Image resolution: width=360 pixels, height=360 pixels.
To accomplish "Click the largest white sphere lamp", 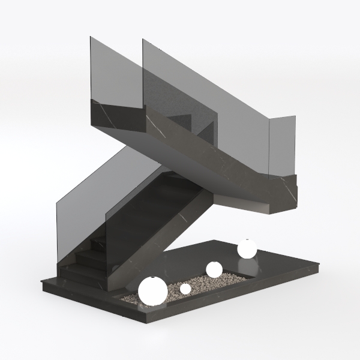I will coord(152,290).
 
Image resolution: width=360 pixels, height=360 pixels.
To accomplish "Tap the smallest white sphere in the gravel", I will coord(185,289).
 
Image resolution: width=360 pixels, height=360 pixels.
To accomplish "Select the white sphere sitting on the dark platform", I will coord(247,248).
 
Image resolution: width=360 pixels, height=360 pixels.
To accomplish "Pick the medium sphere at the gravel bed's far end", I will coord(214,269).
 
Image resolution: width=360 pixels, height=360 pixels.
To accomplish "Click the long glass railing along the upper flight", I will coord(204,96).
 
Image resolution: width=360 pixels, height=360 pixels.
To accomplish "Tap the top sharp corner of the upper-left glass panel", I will coord(91,37).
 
